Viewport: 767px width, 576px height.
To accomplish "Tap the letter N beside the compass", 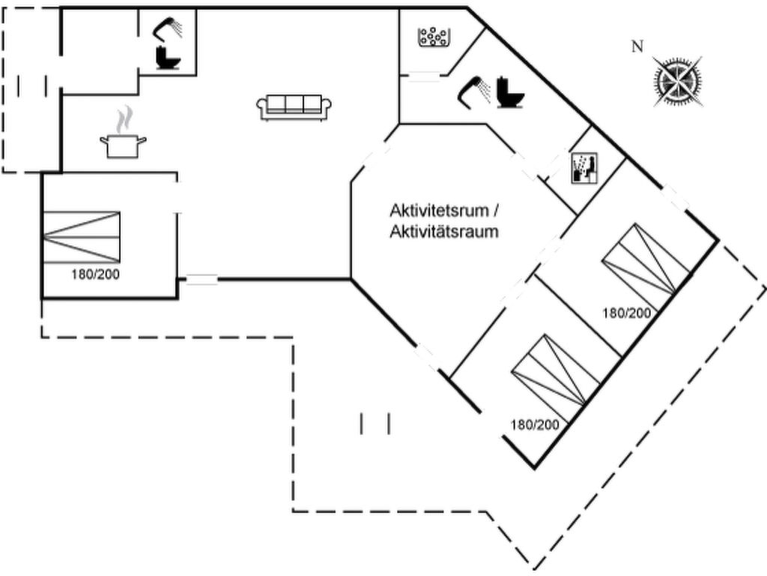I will (x=637, y=47).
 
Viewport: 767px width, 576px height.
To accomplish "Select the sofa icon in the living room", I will (x=294, y=107).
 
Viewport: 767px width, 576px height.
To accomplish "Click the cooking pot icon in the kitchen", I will (x=123, y=145).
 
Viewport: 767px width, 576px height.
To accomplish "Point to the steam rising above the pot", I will (x=125, y=118).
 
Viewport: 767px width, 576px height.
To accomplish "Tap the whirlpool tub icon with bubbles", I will (x=433, y=37).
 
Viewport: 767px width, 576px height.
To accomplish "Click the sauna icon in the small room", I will (x=582, y=168).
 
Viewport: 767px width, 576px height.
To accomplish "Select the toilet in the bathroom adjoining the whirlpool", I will (x=512, y=93).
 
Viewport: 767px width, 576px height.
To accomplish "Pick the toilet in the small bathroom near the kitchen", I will (x=167, y=58).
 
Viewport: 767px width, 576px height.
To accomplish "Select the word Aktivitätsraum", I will (x=444, y=232).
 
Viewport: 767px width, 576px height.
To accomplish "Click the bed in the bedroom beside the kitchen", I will (x=81, y=237).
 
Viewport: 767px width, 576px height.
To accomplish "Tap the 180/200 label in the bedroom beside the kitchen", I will (x=95, y=274).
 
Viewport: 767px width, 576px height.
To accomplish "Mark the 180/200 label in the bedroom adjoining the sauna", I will (x=627, y=313).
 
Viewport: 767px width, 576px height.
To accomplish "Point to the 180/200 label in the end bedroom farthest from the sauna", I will (x=535, y=424).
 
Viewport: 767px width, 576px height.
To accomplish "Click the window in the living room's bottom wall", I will (x=201, y=280).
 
